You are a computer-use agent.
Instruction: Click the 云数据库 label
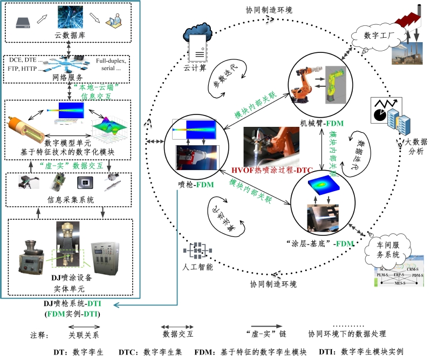(69, 36)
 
